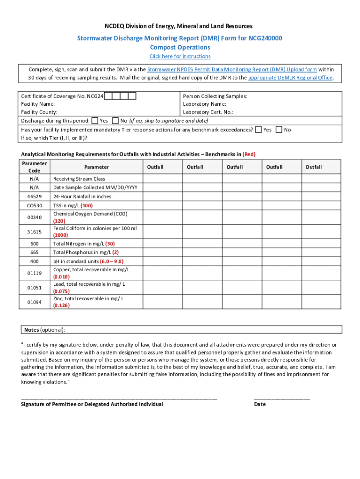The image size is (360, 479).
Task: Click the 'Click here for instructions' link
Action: click(180, 57)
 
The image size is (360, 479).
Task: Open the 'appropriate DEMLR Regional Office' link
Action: click(291, 78)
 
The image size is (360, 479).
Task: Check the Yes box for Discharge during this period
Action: click(95, 121)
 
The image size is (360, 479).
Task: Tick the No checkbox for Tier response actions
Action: click(279, 130)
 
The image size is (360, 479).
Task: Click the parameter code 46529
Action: click(35, 196)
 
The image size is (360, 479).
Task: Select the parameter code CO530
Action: click(35, 205)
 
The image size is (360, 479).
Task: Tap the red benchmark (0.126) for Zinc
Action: click(61, 305)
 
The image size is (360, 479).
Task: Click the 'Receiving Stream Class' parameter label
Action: click(79, 179)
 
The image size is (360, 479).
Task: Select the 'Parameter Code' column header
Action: click(35, 167)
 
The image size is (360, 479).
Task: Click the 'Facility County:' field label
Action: click(39, 112)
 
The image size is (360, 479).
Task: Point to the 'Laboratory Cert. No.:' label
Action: click(208, 112)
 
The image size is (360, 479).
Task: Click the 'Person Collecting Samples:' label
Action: click(215, 96)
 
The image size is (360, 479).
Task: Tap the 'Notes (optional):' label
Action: click(45, 330)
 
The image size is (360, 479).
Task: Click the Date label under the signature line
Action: click(260, 404)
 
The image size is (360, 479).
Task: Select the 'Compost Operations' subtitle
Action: click(180, 47)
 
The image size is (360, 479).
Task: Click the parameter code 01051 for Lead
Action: click(35, 288)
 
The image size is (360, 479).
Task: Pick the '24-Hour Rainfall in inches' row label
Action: click(82, 196)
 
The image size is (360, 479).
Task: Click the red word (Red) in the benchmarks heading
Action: click(249, 154)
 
